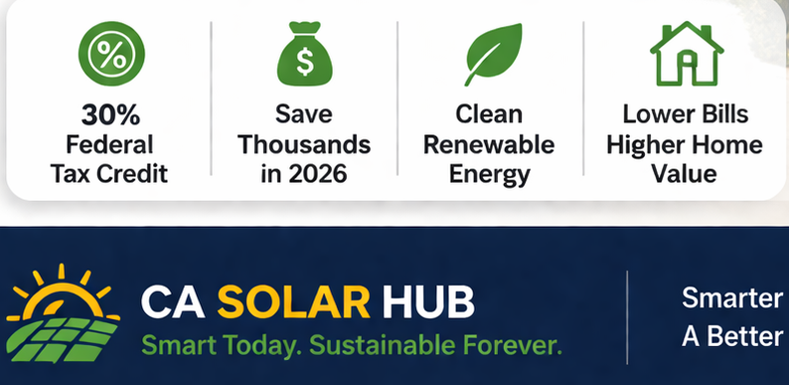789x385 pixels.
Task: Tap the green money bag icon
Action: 304,56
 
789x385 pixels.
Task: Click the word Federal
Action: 111,144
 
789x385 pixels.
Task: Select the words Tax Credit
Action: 111,173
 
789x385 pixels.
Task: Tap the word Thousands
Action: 305,144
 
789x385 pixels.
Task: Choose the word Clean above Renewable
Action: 488,114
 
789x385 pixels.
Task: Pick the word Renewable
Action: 488,144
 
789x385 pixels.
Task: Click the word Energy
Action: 488,173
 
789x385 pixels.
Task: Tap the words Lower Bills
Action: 685,114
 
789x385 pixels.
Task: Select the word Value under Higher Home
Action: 685,173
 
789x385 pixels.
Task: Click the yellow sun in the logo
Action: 62,289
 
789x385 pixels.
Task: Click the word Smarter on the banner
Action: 732,298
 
